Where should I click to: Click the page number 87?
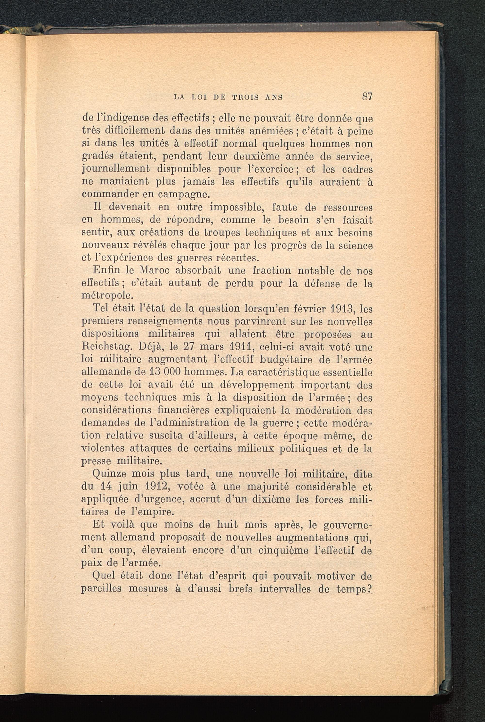(x=367, y=97)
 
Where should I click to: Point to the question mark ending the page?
(x=369, y=588)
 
